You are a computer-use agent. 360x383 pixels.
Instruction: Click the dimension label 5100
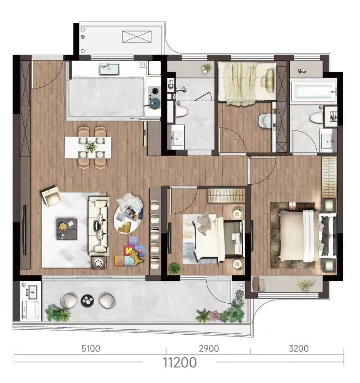click(x=91, y=348)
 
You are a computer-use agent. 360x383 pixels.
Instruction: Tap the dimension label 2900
click(x=209, y=348)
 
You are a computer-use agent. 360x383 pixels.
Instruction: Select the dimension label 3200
click(x=299, y=348)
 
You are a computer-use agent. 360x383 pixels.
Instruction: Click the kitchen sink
click(x=109, y=69)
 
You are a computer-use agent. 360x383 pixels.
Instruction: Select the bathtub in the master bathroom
click(x=313, y=91)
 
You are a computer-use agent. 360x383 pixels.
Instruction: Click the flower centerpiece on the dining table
click(x=91, y=146)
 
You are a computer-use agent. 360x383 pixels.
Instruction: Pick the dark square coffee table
click(x=67, y=229)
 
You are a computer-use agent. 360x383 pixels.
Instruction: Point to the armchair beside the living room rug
click(x=51, y=196)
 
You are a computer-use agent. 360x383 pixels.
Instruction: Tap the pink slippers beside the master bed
click(x=292, y=206)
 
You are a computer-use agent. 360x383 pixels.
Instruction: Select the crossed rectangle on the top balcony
click(x=137, y=37)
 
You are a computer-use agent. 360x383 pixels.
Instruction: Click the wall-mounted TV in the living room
click(x=25, y=230)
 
